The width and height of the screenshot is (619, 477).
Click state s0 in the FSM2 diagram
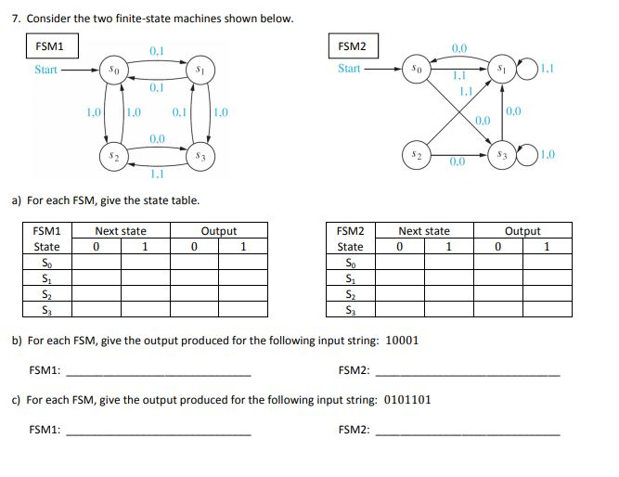pyautogui.click(x=417, y=68)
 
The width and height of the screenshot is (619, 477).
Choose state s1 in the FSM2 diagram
pyautogui.click(x=501, y=68)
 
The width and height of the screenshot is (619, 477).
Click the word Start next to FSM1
pyautogui.click(x=46, y=70)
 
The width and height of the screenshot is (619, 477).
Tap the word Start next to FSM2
pyautogui.click(x=350, y=69)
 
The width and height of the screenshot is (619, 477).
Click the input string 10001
pyautogui.click(x=401, y=340)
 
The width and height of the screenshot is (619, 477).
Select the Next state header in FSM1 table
pyautogui.click(x=121, y=231)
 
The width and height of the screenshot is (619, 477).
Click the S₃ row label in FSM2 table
pyautogui.click(x=350, y=309)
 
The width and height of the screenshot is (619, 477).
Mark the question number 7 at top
pyautogui.click(x=28, y=19)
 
